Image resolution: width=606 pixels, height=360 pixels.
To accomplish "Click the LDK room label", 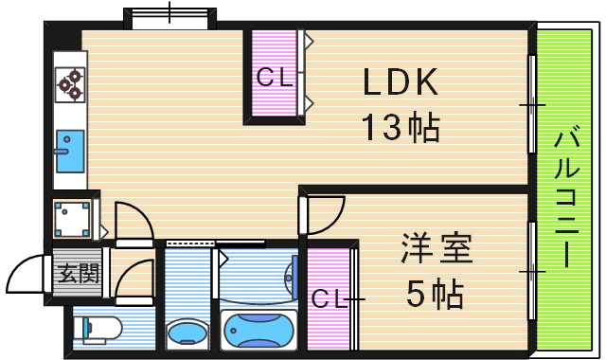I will click(x=401, y=84).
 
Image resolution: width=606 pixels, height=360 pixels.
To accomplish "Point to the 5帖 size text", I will click(x=435, y=296).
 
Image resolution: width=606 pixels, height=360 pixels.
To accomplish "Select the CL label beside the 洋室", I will click(x=330, y=297).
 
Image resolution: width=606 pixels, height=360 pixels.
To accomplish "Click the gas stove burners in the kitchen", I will click(x=71, y=85).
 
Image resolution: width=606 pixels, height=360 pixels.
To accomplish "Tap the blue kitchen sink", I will click(x=70, y=151).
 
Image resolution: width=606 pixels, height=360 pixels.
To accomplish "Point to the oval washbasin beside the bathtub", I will click(x=189, y=334).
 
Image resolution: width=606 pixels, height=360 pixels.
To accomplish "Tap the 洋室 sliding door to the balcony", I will click(x=532, y=271).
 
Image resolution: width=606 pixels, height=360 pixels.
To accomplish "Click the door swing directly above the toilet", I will click(x=133, y=280).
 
